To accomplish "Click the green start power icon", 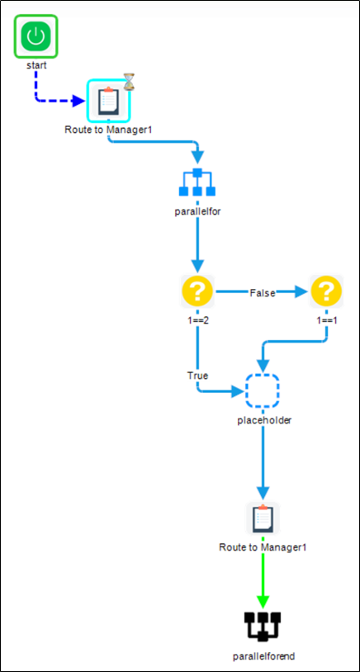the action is tap(36, 36).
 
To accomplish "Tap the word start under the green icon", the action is tap(36, 66).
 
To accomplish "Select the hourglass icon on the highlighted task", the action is tap(129, 82).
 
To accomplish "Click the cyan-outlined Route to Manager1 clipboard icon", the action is tap(108, 101).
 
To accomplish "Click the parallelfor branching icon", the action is tap(197, 182).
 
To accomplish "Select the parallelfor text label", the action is tap(197, 212).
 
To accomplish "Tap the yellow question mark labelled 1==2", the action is tap(197, 291).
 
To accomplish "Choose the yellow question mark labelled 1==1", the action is tap(327, 291).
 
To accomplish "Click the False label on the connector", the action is tap(263, 293).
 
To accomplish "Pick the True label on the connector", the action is tap(197, 376).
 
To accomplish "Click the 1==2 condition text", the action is tap(197, 320).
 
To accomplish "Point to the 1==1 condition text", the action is tap(327, 320).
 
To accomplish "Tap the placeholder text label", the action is tap(264, 420).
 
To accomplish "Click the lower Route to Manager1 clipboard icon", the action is tap(263, 518).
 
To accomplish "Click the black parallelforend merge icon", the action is tap(263, 627).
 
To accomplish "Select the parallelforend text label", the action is tap(264, 656).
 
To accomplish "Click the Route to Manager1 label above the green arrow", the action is tap(263, 547).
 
